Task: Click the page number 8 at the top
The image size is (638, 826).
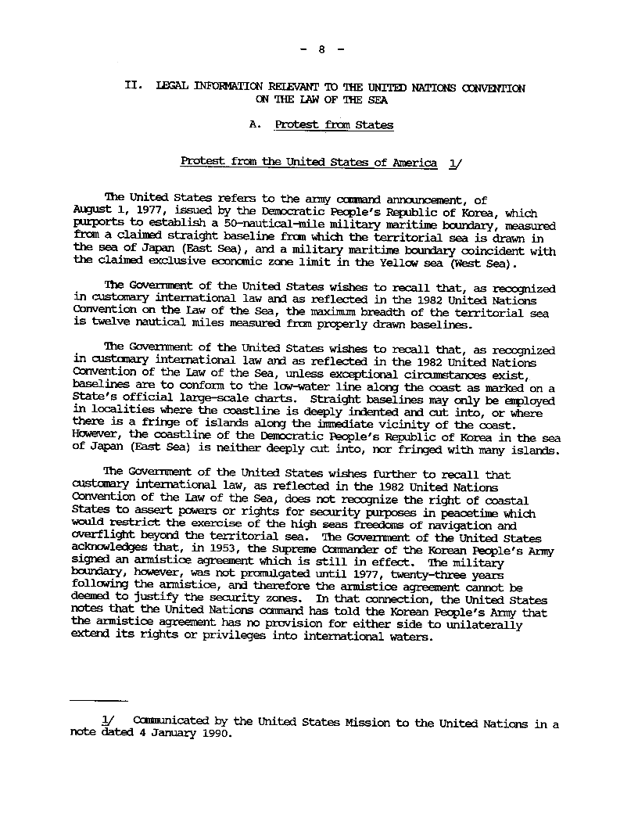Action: coord(321,49)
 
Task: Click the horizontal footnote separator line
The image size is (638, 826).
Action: coord(98,700)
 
